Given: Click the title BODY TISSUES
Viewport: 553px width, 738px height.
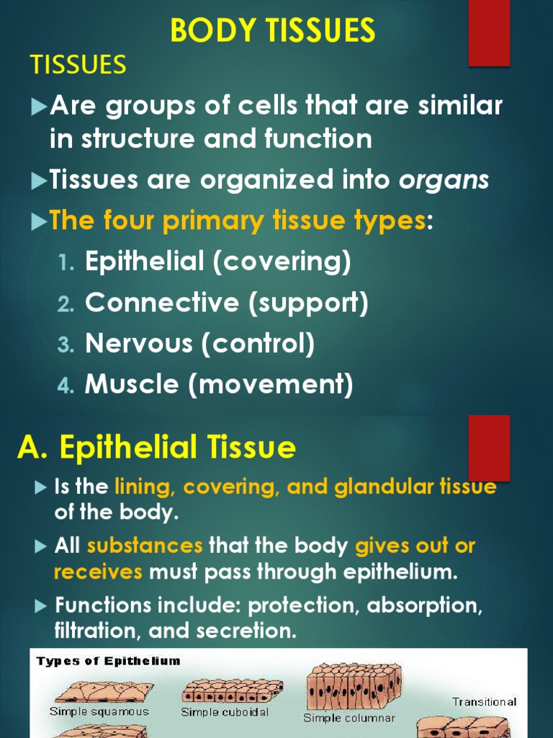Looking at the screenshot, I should click(x=272, y=30).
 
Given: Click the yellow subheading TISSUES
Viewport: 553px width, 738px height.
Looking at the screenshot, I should click(x=78, y=66).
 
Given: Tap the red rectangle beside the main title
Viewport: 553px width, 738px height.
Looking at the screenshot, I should click(x=489, y=33).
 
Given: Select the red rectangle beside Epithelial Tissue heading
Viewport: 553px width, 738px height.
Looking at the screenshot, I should click(x=489, y=447).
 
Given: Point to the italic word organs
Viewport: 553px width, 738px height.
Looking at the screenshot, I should click(x=444, y=180).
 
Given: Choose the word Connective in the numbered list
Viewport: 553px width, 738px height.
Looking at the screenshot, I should click(x=162, y=303).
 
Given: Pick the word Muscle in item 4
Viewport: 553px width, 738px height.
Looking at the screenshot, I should click(x=132, y=385).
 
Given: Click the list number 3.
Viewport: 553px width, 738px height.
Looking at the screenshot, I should click(x=66, y=345).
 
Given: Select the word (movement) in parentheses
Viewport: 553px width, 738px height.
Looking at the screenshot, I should click(x=271, y=385).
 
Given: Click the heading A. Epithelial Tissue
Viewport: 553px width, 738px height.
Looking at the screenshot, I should click(x=156, y=448).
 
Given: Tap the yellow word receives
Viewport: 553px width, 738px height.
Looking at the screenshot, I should click(x=99, y=572).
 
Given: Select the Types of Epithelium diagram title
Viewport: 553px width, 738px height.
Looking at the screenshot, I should click(x=108, y=661).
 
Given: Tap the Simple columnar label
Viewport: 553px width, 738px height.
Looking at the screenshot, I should click(x=349, y=718).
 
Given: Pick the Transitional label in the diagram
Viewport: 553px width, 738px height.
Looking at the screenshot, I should click(x=484, y=702).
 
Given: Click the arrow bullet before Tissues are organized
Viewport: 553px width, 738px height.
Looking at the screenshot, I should click(x=39, y=181).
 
